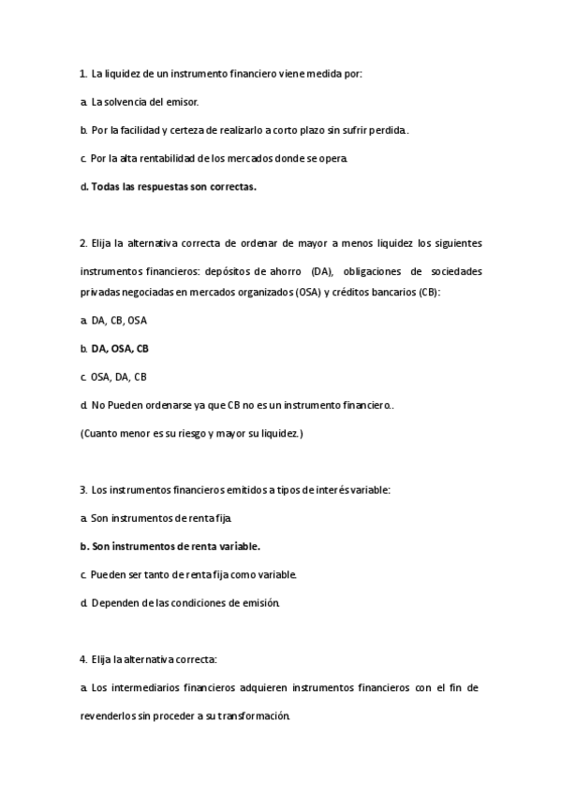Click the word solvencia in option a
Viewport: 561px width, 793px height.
pyautogui.click(x=125, y=101)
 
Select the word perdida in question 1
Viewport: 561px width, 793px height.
pyautogui.click(x=387, y=130)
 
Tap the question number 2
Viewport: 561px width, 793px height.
pyautogui.click(x=83, y=244)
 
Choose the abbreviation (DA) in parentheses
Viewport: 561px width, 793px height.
pyautogui.click(x=322, y=273)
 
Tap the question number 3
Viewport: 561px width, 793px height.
pyautogui.click(x=83, y=490)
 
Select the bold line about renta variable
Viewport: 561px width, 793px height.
pyautogui.click(x=175, y=546)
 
